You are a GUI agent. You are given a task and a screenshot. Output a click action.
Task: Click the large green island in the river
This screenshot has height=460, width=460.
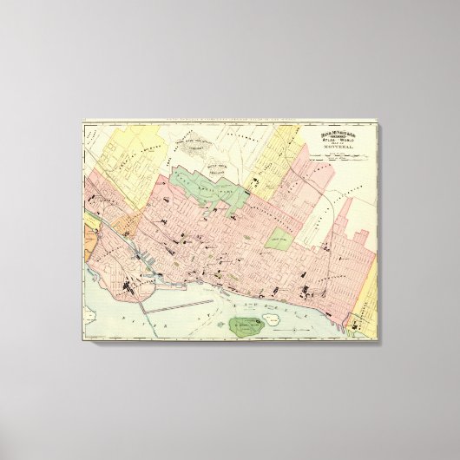(x=246, y=326)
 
